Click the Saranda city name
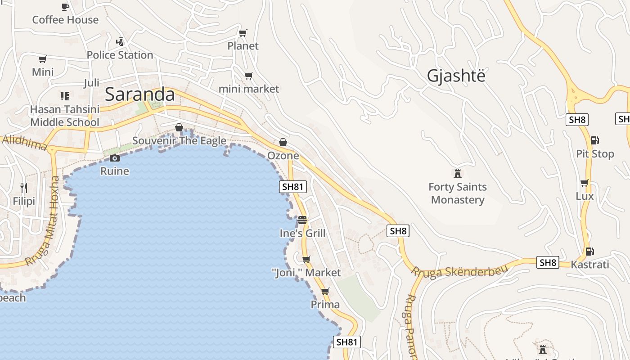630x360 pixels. click(139, 94)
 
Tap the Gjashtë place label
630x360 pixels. click(456, 76)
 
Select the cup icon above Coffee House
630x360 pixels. click(65, 7)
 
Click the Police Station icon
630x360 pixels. click(120, 42)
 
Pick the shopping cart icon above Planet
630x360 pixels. click(243, 33)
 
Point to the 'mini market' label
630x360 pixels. click(249, 89)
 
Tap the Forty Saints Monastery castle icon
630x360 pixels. click(458, 173)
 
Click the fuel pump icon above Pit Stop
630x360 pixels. click(594, 140)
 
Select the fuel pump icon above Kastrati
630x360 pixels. click(589, 251)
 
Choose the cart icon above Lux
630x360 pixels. click(584, 183)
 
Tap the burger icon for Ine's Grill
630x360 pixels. click(302, 220)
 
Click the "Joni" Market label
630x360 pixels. click(306, 273)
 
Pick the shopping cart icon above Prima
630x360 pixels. click(325, 291)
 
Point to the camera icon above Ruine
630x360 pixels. click(115, 158)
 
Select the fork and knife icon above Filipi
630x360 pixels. click(24, 188)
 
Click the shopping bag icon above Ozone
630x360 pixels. click(283, 142)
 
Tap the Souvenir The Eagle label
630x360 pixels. click(179, 141)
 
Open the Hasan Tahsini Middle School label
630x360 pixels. click(65, 116)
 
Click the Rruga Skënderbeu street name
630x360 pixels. click(459, 271)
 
